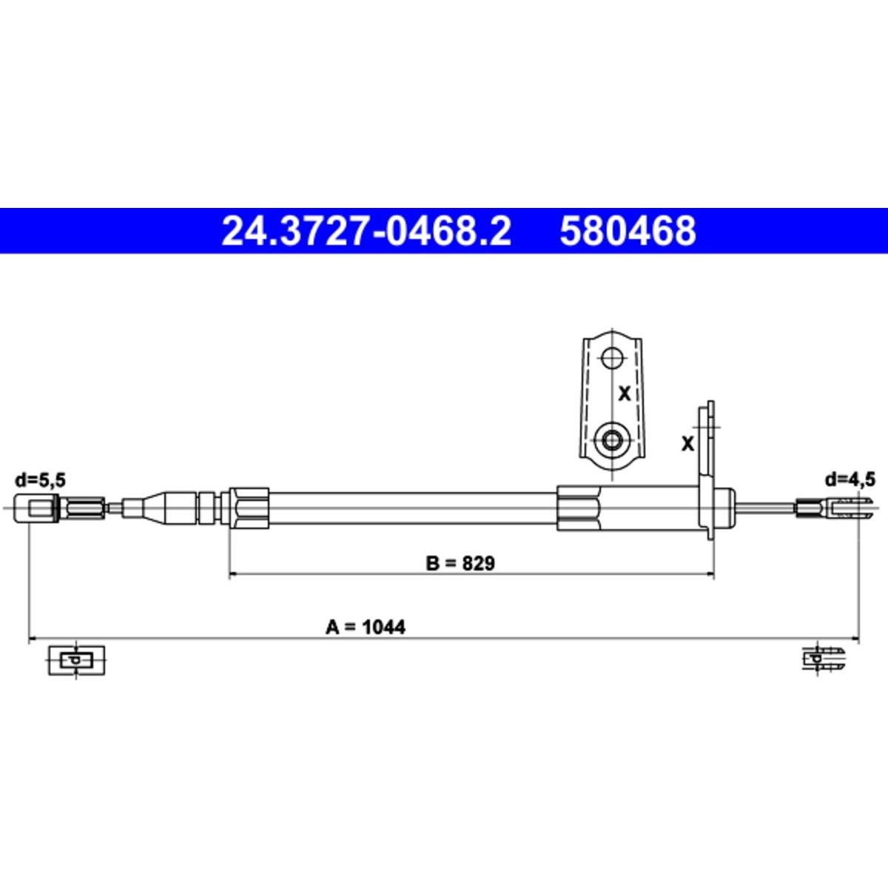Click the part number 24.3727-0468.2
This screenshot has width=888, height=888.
coord(366,231)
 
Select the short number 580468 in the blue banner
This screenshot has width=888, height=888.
coord(628,231)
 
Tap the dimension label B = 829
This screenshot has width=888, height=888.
coord(460,563)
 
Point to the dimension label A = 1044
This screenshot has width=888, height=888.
coord(366,628)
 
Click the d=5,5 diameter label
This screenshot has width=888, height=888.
coord(41,480)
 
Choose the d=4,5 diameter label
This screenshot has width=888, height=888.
coord(850,480)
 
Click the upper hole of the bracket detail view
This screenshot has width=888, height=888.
coord(612,357)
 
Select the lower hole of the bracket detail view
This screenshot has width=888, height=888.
coord(611,439)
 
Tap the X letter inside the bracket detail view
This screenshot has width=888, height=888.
coord(625,394)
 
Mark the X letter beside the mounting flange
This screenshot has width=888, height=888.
coord(687,444)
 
